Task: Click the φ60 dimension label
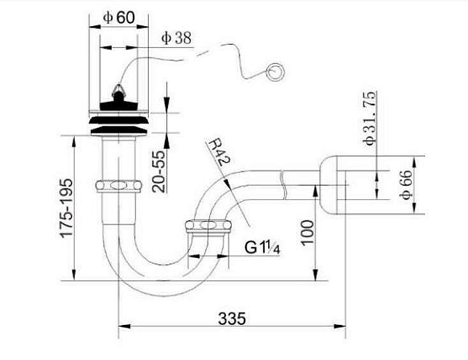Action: point(119,18)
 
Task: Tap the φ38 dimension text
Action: point(176,38)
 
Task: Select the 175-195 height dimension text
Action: point(66,208)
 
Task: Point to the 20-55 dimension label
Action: point(158,171)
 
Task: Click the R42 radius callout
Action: point(219,153)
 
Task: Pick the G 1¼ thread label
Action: point(262,248)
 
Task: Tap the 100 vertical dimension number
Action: point(308,233)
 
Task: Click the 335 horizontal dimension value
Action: point(232,319)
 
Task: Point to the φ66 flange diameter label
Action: point(406,184)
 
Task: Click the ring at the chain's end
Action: point(275,71)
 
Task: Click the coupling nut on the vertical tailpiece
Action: point(119,186)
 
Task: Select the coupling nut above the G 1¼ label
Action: point(208,226)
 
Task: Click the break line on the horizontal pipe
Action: point(283,185)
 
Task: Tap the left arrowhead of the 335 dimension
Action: point(125,326)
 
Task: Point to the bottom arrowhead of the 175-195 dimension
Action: point(74,274)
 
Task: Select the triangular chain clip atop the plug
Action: point(119,89)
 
